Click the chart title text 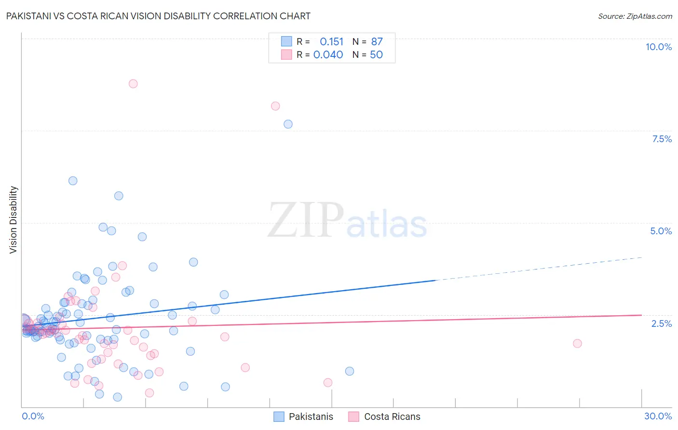(158, 16)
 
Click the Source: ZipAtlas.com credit (635, 16)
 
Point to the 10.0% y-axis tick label (658, 47)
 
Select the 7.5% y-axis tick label (662, 139)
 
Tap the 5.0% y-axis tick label (661, 231)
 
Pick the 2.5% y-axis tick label (661, 323)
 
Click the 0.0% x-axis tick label (33, 416)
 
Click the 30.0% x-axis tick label (658, 416)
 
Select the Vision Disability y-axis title (14, 220)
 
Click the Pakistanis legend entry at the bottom (311, 417)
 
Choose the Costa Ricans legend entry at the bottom (392, 417)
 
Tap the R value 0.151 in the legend (331, 41)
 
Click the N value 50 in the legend (376, 54)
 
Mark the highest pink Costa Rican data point (133, 83)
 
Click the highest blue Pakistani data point (288, 124)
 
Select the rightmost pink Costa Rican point (577, 343)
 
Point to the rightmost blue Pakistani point (350, 371)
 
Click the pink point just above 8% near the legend (275, 106)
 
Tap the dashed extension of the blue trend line (540, 268)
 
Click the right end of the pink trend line (641, 315)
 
